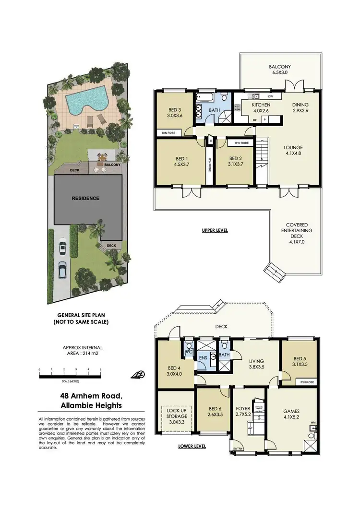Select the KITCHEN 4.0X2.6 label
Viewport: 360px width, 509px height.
tap(261, 107)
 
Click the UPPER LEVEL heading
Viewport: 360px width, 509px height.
tap(214, 231)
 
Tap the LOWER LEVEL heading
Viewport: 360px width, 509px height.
tap(192, 446)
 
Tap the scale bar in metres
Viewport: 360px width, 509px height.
tap(70, 371)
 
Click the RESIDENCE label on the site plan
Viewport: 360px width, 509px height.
tap(86, 198)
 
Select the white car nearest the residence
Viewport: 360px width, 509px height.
tap(62, 249)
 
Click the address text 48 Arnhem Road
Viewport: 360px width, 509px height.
tap(89, 396)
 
